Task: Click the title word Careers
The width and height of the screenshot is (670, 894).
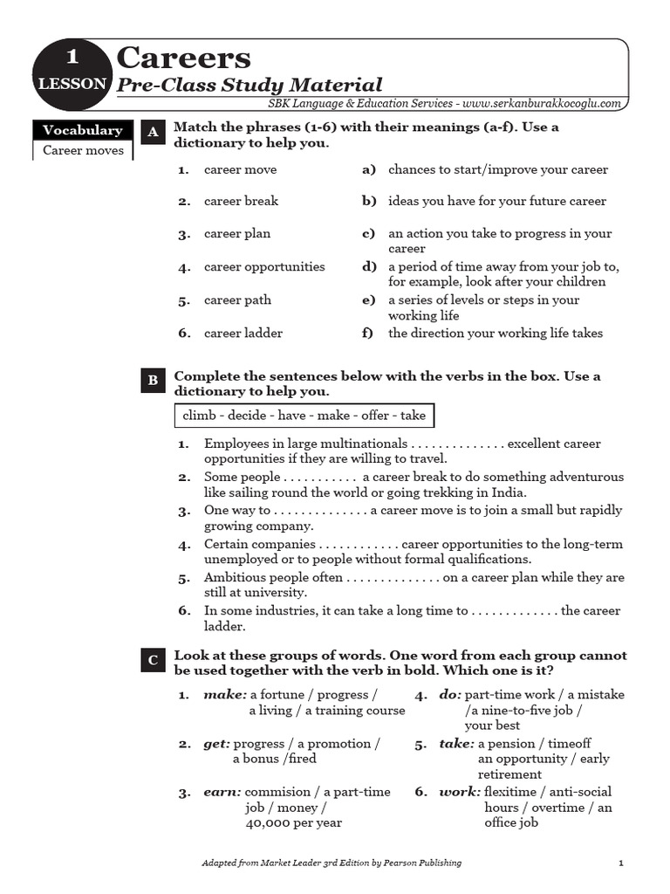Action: click(x=183, y=58)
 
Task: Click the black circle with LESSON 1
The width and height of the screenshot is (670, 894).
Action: click(x=72, y=71)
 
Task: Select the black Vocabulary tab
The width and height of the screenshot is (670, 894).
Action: click(x=83, y=130)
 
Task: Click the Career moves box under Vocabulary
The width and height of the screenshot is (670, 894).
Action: click(x=83, y=150)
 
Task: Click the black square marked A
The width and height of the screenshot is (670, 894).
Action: click(x=153, y=132)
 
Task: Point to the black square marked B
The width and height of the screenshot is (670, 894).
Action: click(x=153, y=381)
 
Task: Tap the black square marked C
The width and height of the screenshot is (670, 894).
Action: click(x=153, y=660)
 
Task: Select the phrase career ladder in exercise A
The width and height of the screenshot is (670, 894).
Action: click(x=243, y=333)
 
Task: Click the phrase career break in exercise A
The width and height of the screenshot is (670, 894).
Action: click(x=241, y=201)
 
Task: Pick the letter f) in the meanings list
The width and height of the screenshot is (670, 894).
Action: click(x=368, y=333)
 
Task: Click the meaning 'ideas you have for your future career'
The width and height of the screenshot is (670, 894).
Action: click(x=496, y=201)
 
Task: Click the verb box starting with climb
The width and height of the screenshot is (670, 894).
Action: click(x=304, y=416)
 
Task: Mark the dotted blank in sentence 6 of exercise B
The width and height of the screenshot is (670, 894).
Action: click(x=515, y=611)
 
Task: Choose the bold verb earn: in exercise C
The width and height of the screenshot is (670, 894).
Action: click(x=222, y=792)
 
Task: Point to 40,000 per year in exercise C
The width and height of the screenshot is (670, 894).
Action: click(x=293, y=822)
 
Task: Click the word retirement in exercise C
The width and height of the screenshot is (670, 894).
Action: click(x=509, y=774)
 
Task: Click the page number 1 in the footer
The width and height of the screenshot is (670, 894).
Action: click(x=620, y=863)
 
